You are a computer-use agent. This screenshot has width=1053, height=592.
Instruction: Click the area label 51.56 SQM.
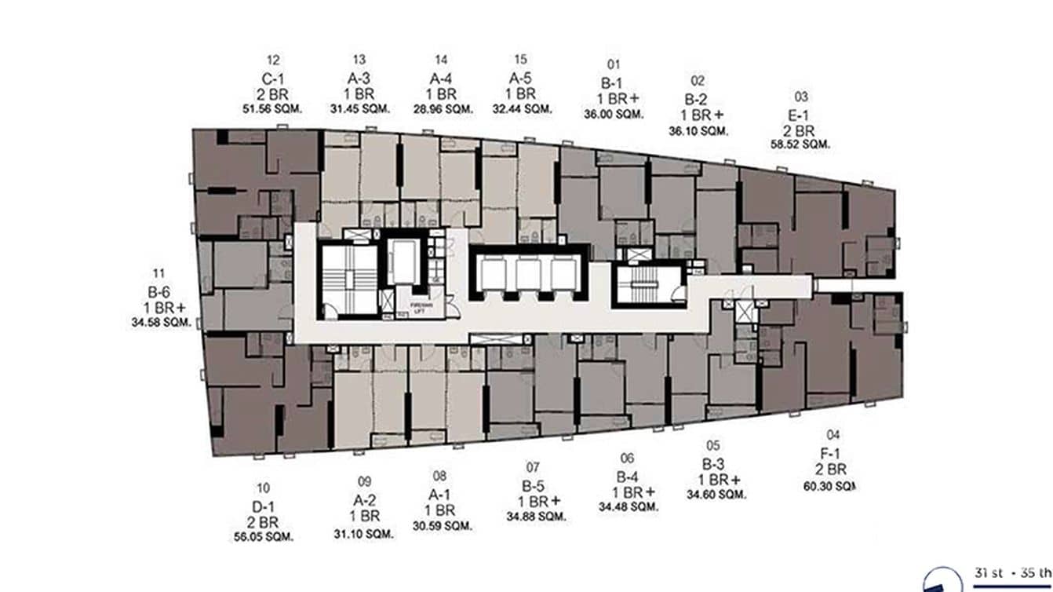(273, 108)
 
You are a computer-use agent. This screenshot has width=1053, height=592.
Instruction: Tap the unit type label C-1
(273, 79)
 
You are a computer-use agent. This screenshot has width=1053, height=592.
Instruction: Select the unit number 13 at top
(359, 60)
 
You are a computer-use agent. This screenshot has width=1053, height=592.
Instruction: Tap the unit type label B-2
(696, 100)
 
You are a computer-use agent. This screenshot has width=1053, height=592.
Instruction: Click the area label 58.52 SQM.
(801, 144)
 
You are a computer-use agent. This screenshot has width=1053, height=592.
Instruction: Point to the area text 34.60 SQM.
(716, 495)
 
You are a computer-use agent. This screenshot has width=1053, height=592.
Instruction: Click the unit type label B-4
(626, 477)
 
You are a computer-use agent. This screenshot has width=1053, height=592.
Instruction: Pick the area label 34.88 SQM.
(537, 516)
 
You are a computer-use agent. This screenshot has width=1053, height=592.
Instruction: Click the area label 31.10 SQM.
(363, 534)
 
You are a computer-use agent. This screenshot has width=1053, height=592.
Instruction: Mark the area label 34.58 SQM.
(161, 322)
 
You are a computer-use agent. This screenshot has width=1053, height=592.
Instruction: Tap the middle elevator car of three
(528, 275)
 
